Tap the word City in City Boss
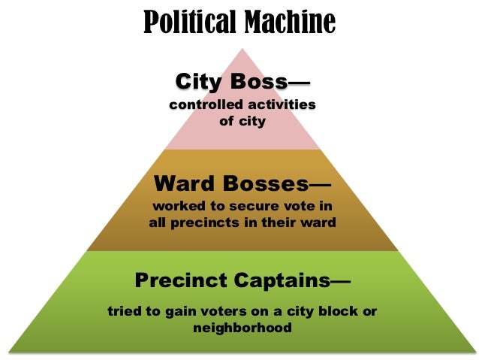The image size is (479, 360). pyautogui.click(x=197, y=80)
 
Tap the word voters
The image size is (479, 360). pyautogui.click(x=224, y=312)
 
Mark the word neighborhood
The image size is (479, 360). pyautogui.click(x=242, y=328)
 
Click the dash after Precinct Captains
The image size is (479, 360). pyautogui.click(x=340, y=281)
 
